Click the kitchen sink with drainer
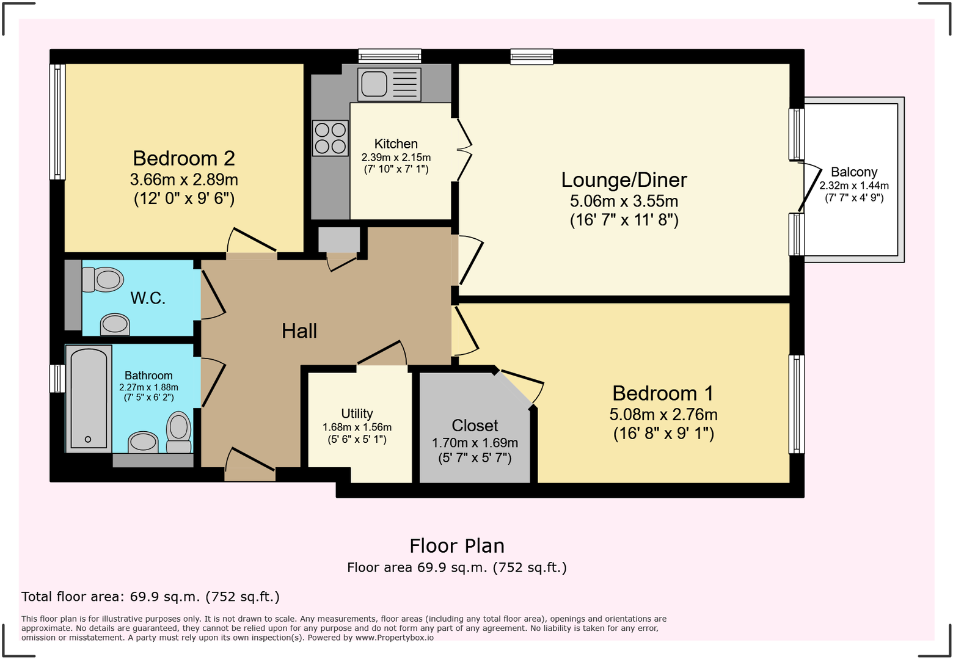pos(389,84)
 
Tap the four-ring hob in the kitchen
pos(330,138)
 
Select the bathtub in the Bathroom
pos(89,398)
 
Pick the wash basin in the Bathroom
pos(144,442)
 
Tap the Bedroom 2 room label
pos(184,158)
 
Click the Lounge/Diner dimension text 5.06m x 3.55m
pos(624,201)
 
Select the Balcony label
pos(853,172)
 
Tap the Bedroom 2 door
pos(252,241)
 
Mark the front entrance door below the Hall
pos(250,461)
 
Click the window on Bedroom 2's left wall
pos(57,122)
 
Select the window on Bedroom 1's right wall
pos(796,404)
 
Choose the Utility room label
pos(357,413)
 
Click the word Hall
pos(299,331)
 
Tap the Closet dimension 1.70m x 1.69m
pos(475,443)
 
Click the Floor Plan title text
pos(457,545)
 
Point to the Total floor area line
pos(150,597)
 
